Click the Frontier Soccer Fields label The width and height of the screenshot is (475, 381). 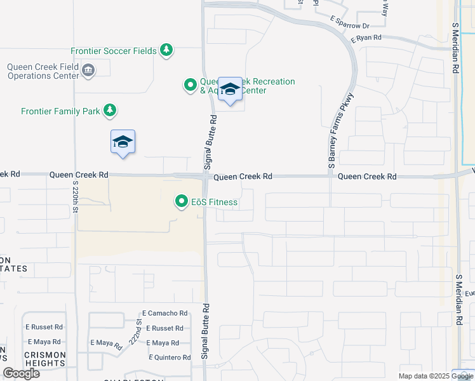pyautogui.click(x=114, y=51)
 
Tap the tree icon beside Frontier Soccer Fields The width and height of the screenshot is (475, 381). pyautogui.click(x=166, y=50)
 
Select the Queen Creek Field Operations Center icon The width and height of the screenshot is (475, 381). pyautogui.click(x=89, y=70)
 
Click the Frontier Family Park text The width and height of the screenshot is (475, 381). pyautogui.click(x=60, y=111)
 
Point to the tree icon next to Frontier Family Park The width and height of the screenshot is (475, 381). pyautogui.click(x=110, y=110)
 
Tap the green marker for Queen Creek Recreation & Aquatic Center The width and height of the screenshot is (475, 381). pyautogui.click(x=190, y=85)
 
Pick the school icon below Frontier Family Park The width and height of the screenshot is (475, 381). pyautogui.click(x=123, y=142)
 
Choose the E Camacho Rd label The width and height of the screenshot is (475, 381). pyautogui.click(x=165, y=313)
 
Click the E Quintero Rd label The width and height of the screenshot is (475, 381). pyautogui.click(x=170, y=358)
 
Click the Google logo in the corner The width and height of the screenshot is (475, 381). pyautogui.click(x=21, y=373)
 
